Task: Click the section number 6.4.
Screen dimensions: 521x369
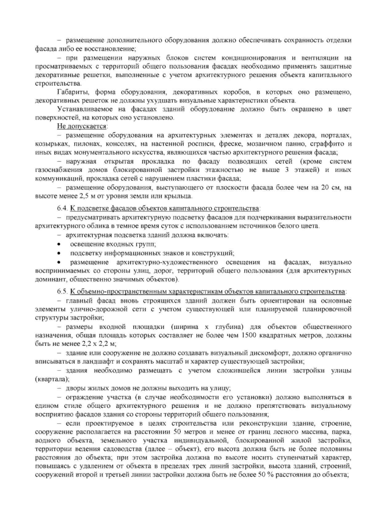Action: click(62, 209)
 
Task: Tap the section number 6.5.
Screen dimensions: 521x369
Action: click(62, 291)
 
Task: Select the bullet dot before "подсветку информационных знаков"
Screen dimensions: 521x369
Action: click(58, 253)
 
